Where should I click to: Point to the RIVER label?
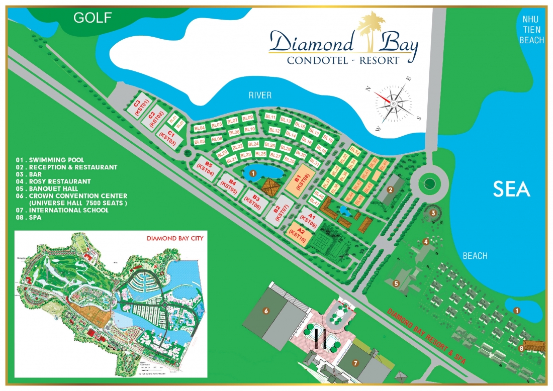click(x=259, y=95)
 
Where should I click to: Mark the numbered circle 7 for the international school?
click(x=355, y=362)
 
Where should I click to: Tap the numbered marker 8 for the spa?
click(x=521, y=348)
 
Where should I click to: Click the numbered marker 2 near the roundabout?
click(x=390, y=189)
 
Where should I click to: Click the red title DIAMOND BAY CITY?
click(x=174, y=238)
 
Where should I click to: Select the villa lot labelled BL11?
click(x=270, y=117)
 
